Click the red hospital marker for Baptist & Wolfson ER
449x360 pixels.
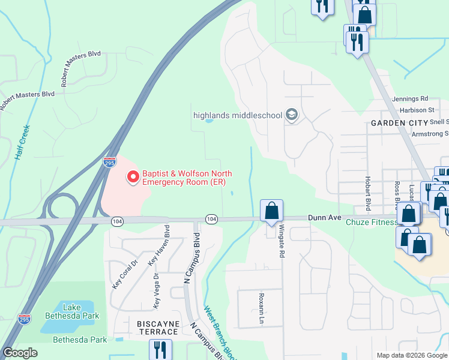(133, 176)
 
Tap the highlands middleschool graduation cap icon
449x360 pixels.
(292, 115)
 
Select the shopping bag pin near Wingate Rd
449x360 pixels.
(271, 211)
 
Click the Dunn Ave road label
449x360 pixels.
(324, 218)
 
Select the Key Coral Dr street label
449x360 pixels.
(117, 274)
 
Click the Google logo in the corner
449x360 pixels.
(20, 353)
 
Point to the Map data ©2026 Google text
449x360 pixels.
(411, 355)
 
